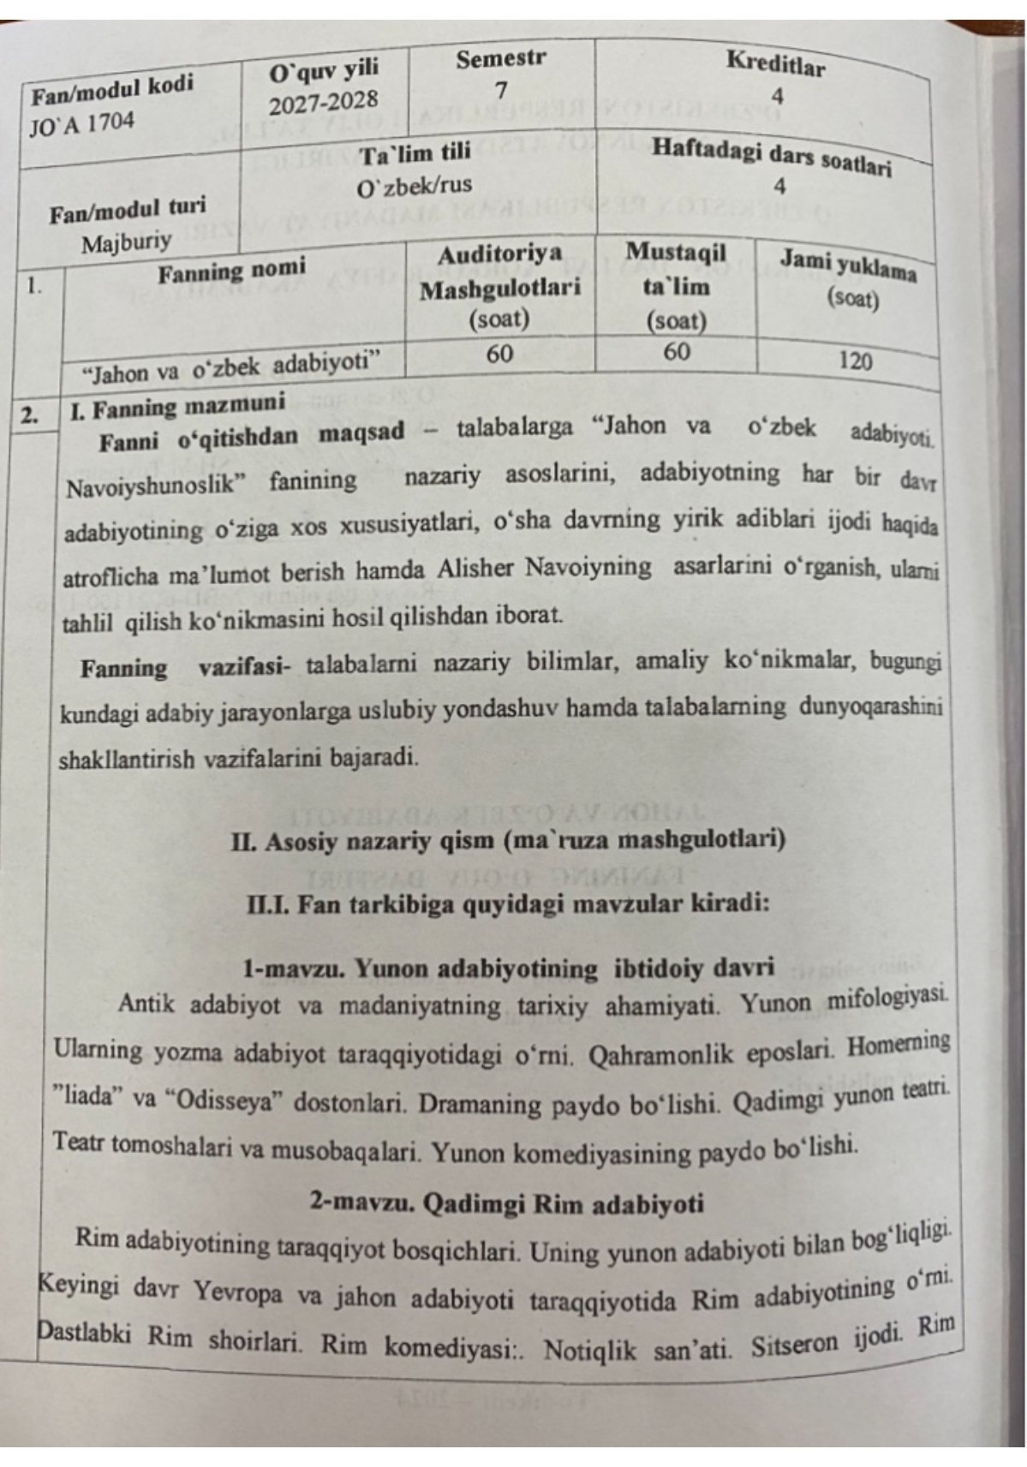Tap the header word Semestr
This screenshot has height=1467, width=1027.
point(500,60)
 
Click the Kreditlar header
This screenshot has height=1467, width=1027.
point(775,63)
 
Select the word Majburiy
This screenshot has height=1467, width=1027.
point(126,242)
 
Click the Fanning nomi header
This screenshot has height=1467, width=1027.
point(231,272)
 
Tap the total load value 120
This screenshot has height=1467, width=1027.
point(855,361)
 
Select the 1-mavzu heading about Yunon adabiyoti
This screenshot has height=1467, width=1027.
point(508,969)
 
